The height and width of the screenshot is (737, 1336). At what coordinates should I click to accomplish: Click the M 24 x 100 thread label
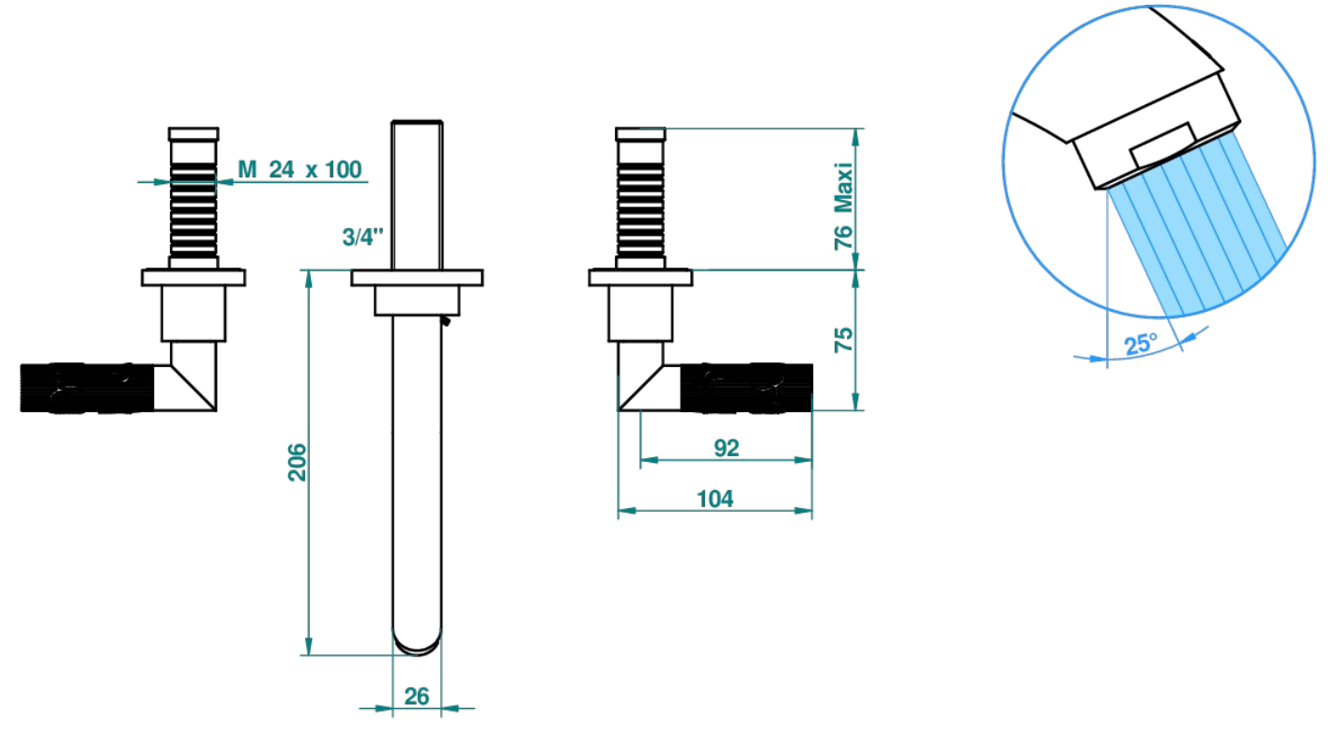[x=299, y=169]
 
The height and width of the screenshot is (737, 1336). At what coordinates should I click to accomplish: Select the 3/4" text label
[x=362, y=237]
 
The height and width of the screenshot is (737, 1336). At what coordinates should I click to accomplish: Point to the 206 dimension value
[x=297, y=462]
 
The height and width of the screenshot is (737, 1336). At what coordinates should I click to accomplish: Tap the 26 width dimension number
[x=416, y=696]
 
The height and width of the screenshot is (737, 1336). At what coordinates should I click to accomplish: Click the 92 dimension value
[x=727, y=448]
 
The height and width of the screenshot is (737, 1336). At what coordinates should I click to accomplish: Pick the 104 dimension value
[x=715, y=499]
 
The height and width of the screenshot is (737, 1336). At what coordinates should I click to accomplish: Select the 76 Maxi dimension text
[x=843, y=207]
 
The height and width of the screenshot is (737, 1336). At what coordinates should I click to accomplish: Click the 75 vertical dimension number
[x=843, y=340]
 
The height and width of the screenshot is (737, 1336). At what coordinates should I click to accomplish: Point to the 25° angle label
[x=1141, y=344]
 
